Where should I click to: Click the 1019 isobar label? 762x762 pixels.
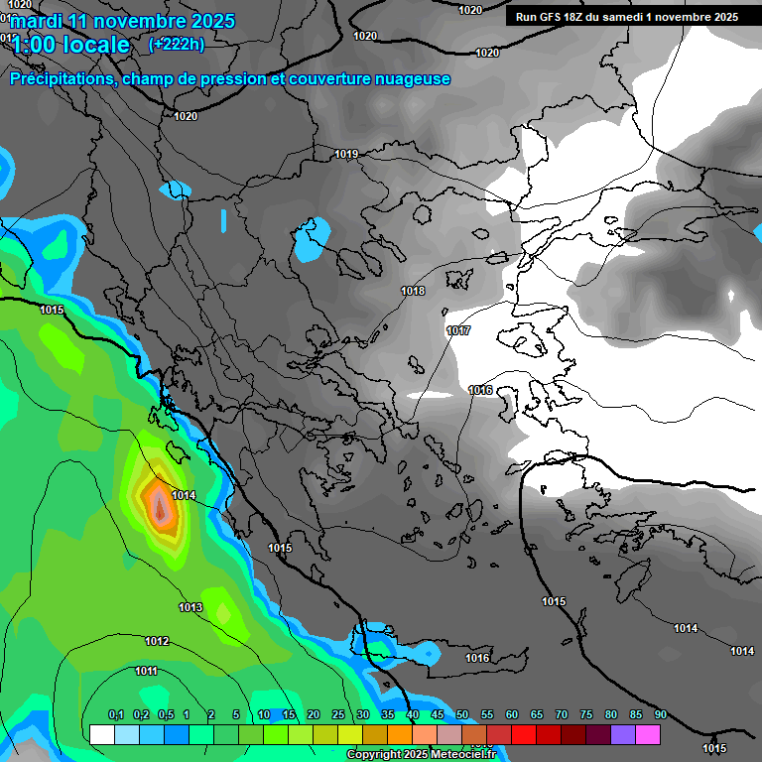point(346,154)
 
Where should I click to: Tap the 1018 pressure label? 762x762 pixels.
point(413,291)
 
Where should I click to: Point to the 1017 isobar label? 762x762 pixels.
point(458,330)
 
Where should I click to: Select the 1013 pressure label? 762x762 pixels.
point(190,607)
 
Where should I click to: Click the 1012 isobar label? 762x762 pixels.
point(157,641)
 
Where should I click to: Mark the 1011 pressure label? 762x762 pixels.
point(147,672)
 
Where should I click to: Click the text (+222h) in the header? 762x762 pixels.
point(177,44)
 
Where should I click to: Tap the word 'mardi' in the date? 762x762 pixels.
point(36,21)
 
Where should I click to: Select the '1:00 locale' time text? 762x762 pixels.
point(69,45)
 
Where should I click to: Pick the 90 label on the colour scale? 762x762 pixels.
point(660,715)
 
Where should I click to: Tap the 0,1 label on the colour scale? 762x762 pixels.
point(115,715)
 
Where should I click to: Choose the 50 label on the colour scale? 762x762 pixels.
point(462,715)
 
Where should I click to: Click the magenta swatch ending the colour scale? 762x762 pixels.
point(648,734)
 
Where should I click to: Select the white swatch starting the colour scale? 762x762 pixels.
point(101,734)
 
